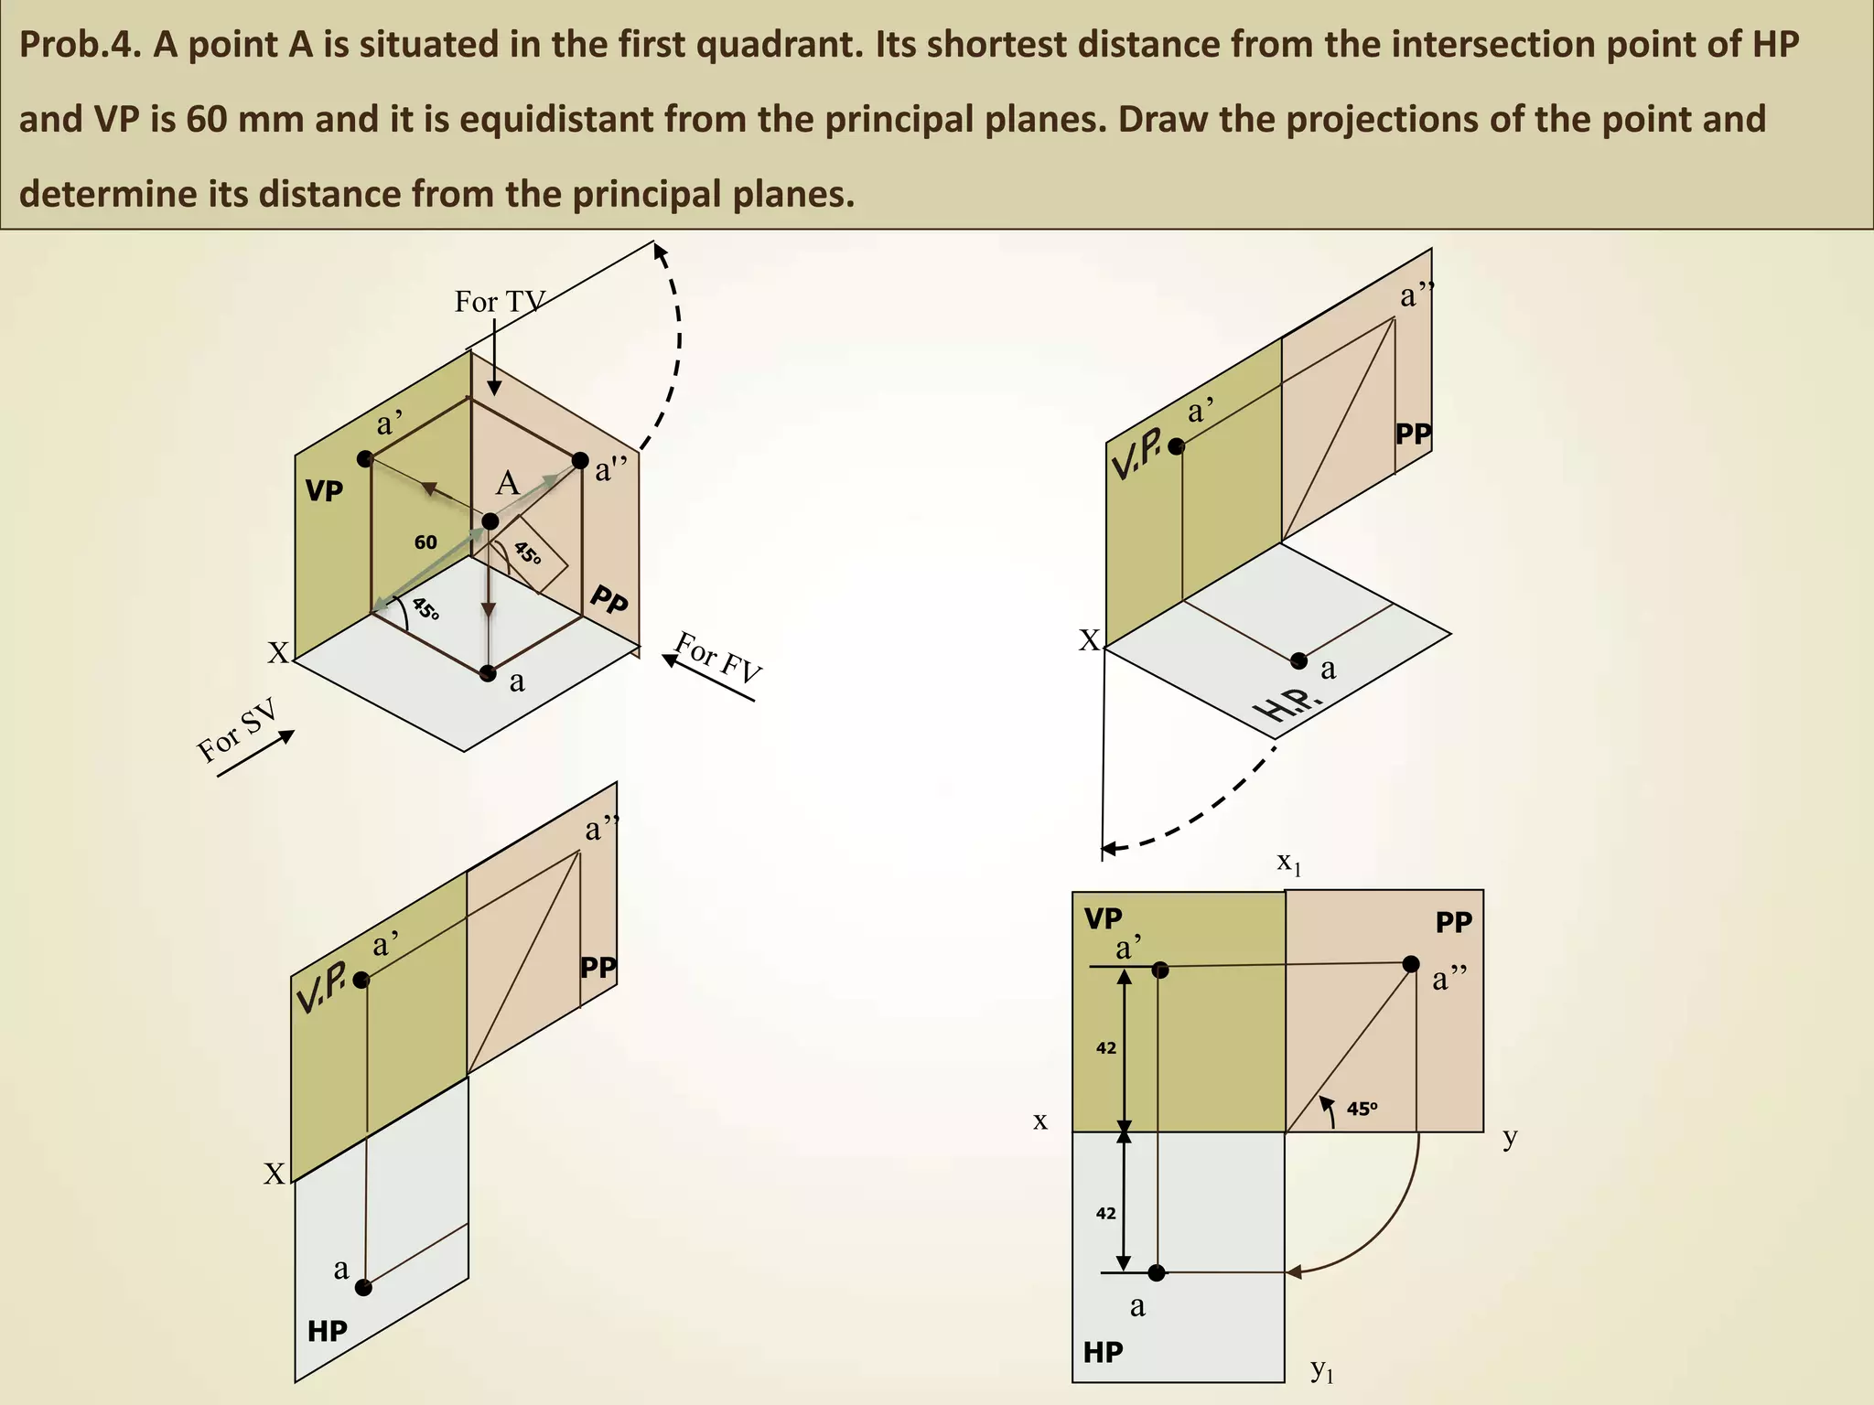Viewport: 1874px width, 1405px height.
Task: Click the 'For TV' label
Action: click(500, 301)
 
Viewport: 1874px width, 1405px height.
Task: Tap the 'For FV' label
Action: click(718, 658)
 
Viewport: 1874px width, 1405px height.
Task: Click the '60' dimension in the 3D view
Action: click(425, 542)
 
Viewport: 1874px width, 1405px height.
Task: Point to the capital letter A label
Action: click(507, 483)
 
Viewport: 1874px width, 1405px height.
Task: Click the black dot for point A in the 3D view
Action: click(490, 521)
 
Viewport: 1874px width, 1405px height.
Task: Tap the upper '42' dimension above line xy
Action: click(1106, 1048)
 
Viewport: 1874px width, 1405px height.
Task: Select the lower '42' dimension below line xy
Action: click(1106, 1214)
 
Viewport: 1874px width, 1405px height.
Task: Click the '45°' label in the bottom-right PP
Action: click(1362, 1109)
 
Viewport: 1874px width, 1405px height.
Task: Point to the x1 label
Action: click(1288, 862)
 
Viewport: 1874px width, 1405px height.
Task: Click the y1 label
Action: click(1322, 1370)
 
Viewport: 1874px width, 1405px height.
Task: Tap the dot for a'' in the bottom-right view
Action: click(1411, 963)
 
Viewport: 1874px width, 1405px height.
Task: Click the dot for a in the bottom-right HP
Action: click(1157, 1272)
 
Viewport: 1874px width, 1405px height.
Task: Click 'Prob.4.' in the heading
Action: click(79, 44)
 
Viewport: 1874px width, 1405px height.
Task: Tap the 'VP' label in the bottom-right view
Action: click(1103, 918)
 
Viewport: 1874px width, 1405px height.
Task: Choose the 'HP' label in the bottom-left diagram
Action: click(328, 1331)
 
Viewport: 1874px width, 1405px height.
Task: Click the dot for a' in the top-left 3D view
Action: click(365, 458)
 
